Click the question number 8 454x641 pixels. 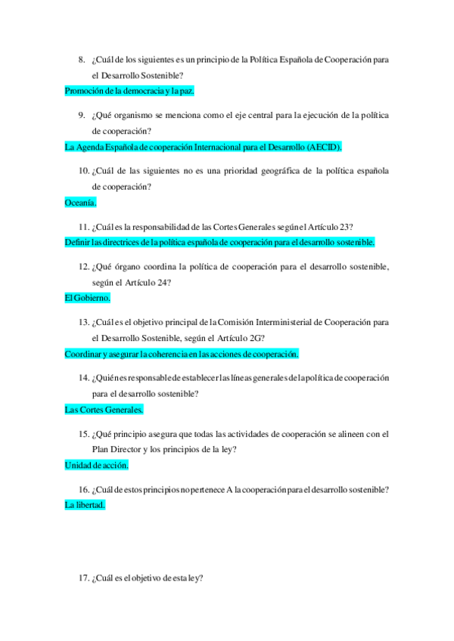pyautogui.click(x=82, y=59)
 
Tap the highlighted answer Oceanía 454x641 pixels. pyautogui.click(x=81, y=203)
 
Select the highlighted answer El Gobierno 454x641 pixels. pyautogui.click(x=88, y=298)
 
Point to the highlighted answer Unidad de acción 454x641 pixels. pyautogui.click(x=97, y=466)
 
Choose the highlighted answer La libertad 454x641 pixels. pyautogui.click(x=86, y=504)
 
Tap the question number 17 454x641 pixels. pyautogui.click(x=84, y=578)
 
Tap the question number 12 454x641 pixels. pyautogui.click(x=84, y=267)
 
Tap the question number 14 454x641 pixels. pyautogui.click(x=84, y=378)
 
